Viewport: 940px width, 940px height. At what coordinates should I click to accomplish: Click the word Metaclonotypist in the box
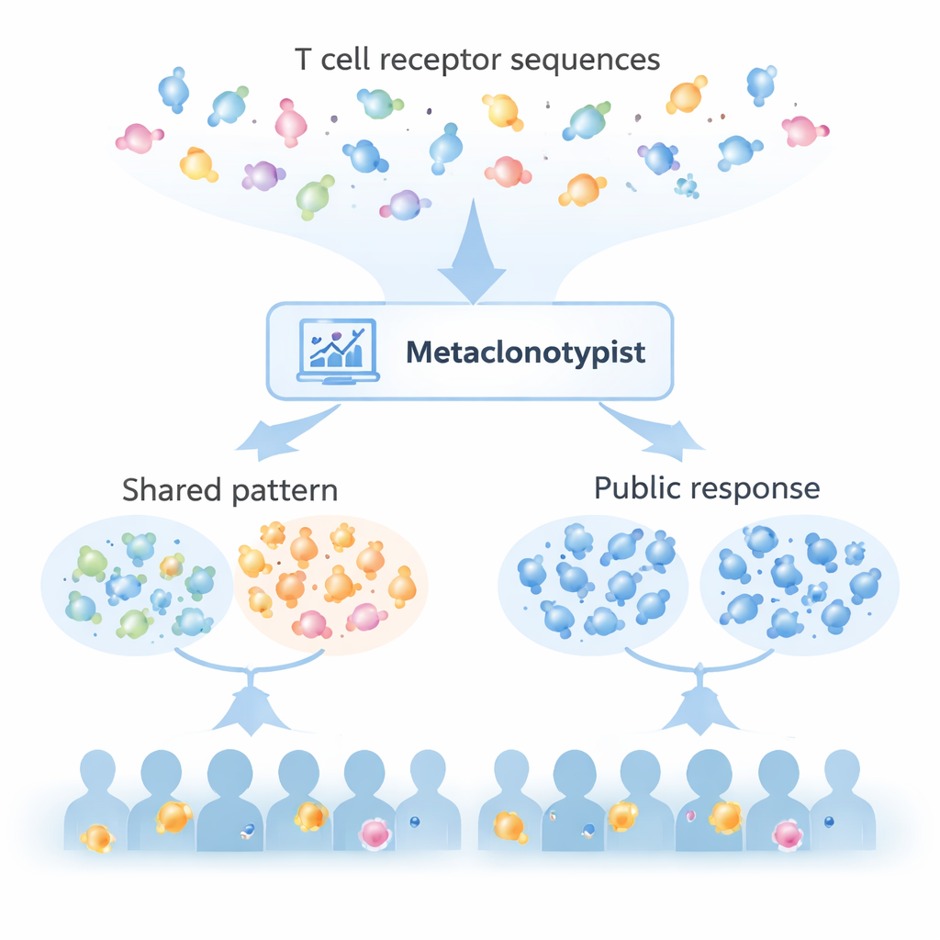click(x=525, y=352)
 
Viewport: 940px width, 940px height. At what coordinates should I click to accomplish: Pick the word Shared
click(x=173, y=489)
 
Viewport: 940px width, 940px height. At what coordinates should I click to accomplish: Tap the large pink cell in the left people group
click(x=375, y=832)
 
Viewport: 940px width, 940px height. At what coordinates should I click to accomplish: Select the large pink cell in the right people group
click(x=788, y=834)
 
